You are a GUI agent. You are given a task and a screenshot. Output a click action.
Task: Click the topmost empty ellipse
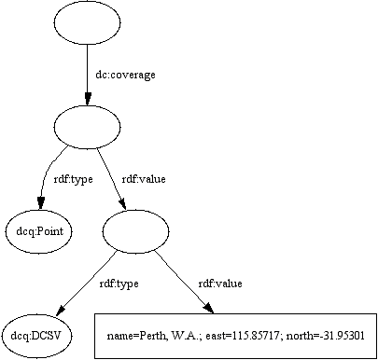pyautogui.click(x=88, y=23)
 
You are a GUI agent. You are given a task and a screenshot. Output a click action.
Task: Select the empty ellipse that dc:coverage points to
pyautogui.click(x=88, y=125)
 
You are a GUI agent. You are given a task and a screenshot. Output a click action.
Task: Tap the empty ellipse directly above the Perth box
pyautogui.click(x=134, y=228)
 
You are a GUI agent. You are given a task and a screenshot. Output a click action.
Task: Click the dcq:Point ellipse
pyautogui.click(x=40, y=229)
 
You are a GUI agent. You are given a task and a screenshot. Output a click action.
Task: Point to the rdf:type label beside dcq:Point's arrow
pyautogui.click(x=72, y=179)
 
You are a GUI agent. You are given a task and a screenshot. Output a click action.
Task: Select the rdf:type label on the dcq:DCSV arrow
pyautogui.click(x=119, y=282)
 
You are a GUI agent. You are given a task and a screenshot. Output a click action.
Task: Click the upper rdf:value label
pyautogui.click(x=142, y=179)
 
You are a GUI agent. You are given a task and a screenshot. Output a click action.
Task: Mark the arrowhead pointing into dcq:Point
pyautogui.click(x=40, y=203)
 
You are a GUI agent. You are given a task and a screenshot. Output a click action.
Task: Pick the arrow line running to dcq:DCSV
pyautogui.click(x=89, y=281)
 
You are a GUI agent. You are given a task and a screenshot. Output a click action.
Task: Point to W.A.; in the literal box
pyautogui.click(x=186, y=334)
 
